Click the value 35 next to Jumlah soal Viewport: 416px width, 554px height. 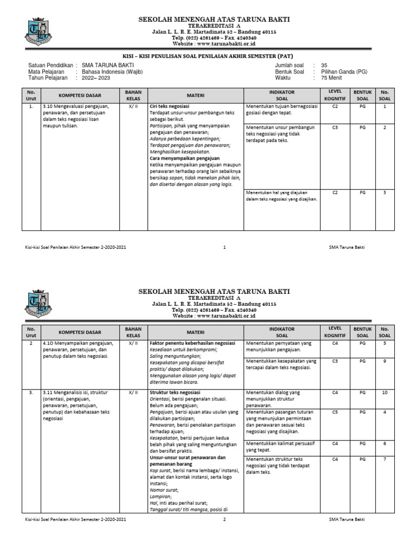[x=324, y=65]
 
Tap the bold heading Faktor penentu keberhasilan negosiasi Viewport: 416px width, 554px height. [x=192, y=343]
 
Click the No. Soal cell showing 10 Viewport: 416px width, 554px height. [x=385, y=393]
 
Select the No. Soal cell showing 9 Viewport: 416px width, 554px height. [x=385, y=361]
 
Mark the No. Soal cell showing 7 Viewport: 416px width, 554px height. [x=385, y=459]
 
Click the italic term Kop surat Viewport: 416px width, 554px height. [x=160, y=471]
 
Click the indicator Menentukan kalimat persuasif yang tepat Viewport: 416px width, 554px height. [x=280, y=446]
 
